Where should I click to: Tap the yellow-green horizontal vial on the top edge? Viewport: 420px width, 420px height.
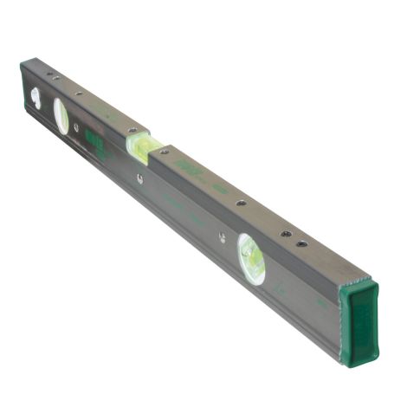pos(139,144)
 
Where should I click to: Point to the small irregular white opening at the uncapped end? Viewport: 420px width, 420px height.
pos(36,96)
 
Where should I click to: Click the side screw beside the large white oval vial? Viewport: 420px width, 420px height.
pos(79,127)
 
